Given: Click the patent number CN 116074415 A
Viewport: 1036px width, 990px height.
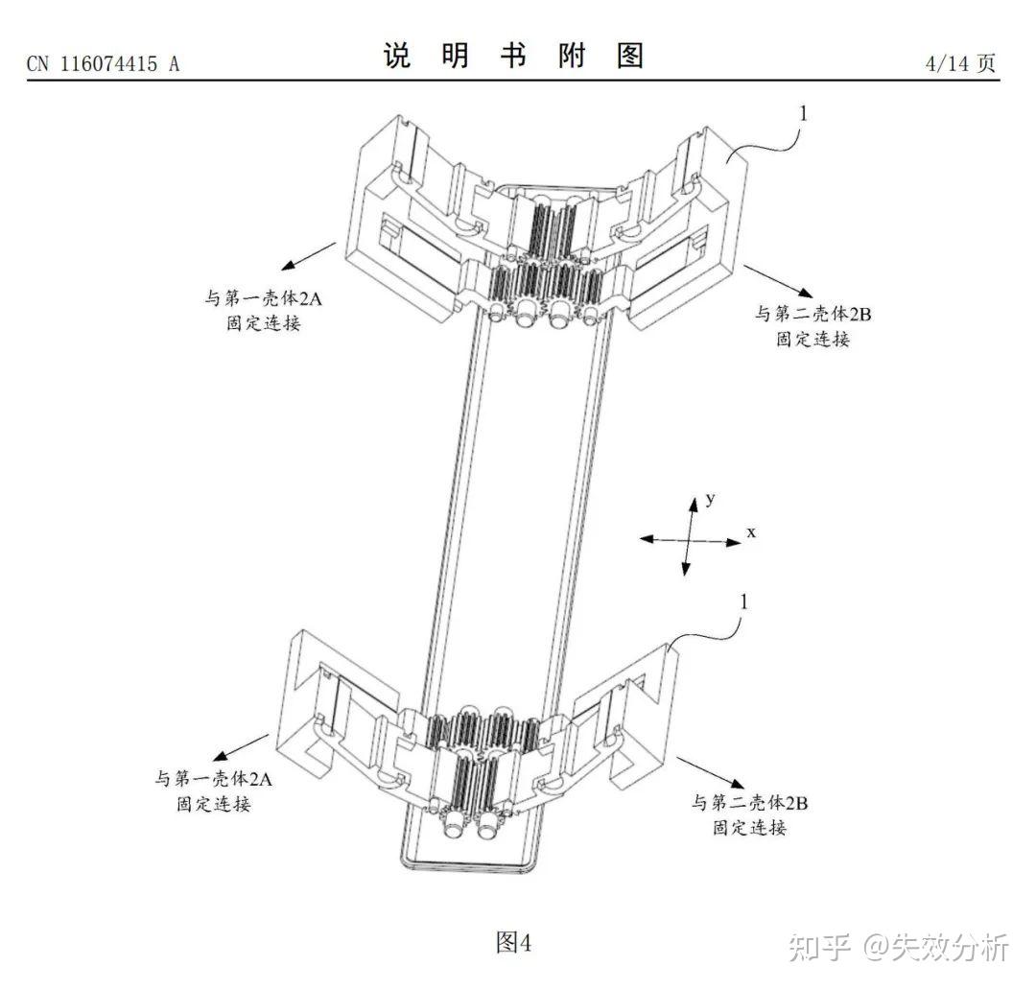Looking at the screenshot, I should [x=104, y=63].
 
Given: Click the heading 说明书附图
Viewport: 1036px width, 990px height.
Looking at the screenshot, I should [x=513, y=57].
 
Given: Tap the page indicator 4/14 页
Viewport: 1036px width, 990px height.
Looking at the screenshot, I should [x=959, y=63].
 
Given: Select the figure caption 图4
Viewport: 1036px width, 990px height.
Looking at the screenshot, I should [x=513, y=942].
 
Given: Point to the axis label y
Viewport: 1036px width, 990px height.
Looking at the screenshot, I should [x=711, y=498].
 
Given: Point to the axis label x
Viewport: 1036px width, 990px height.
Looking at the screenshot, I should [x=751, y=530].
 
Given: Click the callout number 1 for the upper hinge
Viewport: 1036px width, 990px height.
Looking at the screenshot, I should [x=804, y=113].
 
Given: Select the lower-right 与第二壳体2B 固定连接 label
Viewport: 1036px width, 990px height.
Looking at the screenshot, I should [x=749, y=814].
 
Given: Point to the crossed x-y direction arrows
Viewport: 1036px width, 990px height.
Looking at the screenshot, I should [x=689, y=539].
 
